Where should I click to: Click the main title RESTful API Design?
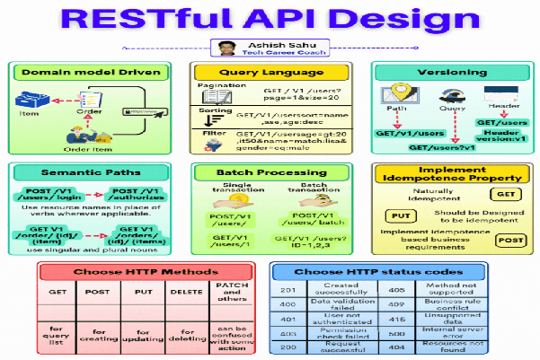tap(270, 19)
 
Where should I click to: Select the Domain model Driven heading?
tap(93, 72)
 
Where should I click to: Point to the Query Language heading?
tap(269, 71)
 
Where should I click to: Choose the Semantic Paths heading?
tap(93, 173)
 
